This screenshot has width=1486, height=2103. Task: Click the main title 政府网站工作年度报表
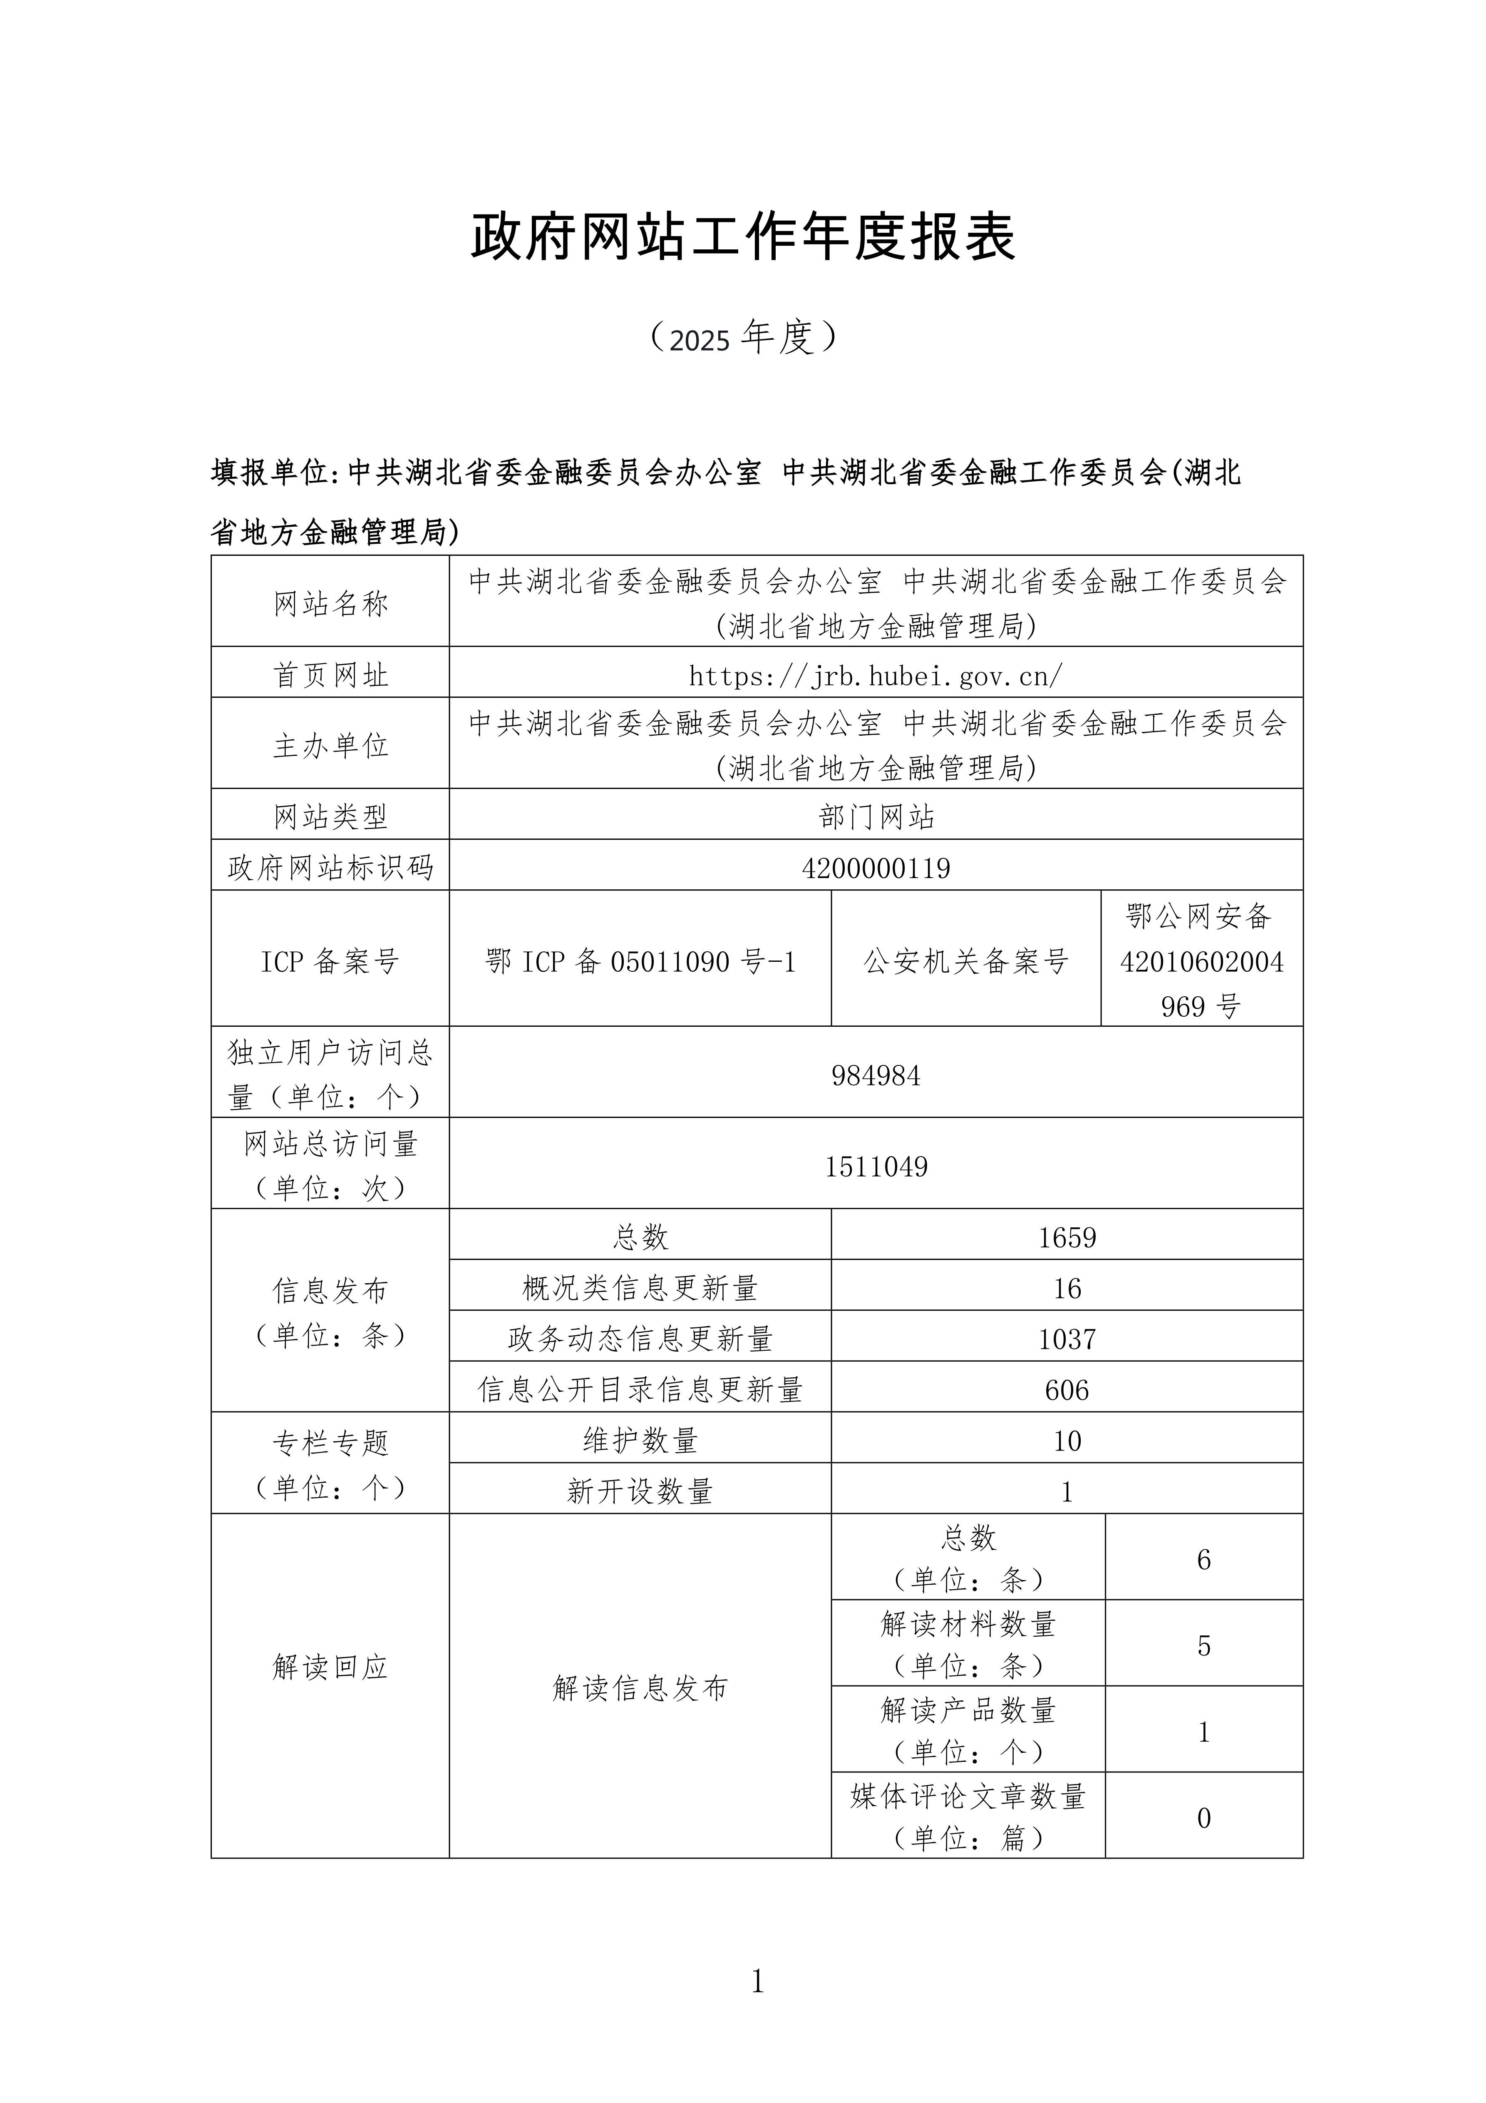click(x=742, y=237)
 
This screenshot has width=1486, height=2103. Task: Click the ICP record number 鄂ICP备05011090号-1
click(x=640, y=962)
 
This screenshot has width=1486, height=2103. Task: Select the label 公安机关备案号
click(x=966, y=962)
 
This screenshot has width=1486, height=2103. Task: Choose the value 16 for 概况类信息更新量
click(x=1067, y=1289)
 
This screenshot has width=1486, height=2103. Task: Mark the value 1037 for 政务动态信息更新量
click(x=1067, y=1339)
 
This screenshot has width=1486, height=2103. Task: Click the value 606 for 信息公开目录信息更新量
click(x=1067, y=1390)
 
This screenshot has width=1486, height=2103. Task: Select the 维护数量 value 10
click(x=1067, y=1441)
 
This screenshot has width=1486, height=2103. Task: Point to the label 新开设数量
click(x=640, y=1492)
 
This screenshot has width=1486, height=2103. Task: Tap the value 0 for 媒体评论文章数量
click(x=1203, y=1818)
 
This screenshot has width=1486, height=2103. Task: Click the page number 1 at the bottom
click(x=757, y=1982)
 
